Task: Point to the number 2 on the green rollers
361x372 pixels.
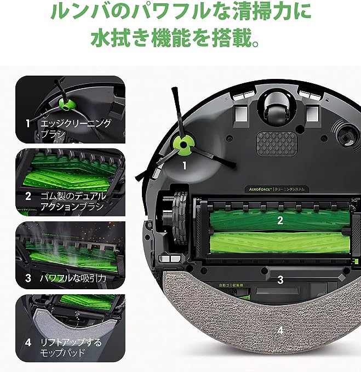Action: click(280, 221)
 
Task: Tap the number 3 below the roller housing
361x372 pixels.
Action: click(280, 279)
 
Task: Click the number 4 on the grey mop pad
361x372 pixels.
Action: click(280, 330)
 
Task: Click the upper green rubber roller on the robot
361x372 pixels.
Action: click(268, 219)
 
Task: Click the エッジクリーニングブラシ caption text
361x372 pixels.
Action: click(76, 129)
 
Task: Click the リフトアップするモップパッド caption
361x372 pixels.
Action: click(71, 348)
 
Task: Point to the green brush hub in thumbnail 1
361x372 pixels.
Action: click(65, 104)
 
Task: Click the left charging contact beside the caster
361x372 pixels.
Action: click(241, 113)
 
